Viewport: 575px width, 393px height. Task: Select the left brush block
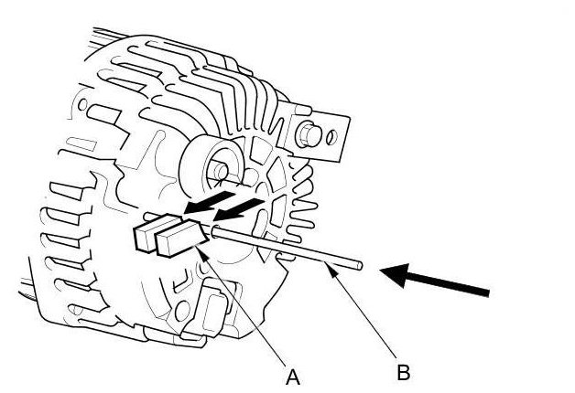click(146, 232)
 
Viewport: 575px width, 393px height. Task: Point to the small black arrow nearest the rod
click(240, 210)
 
